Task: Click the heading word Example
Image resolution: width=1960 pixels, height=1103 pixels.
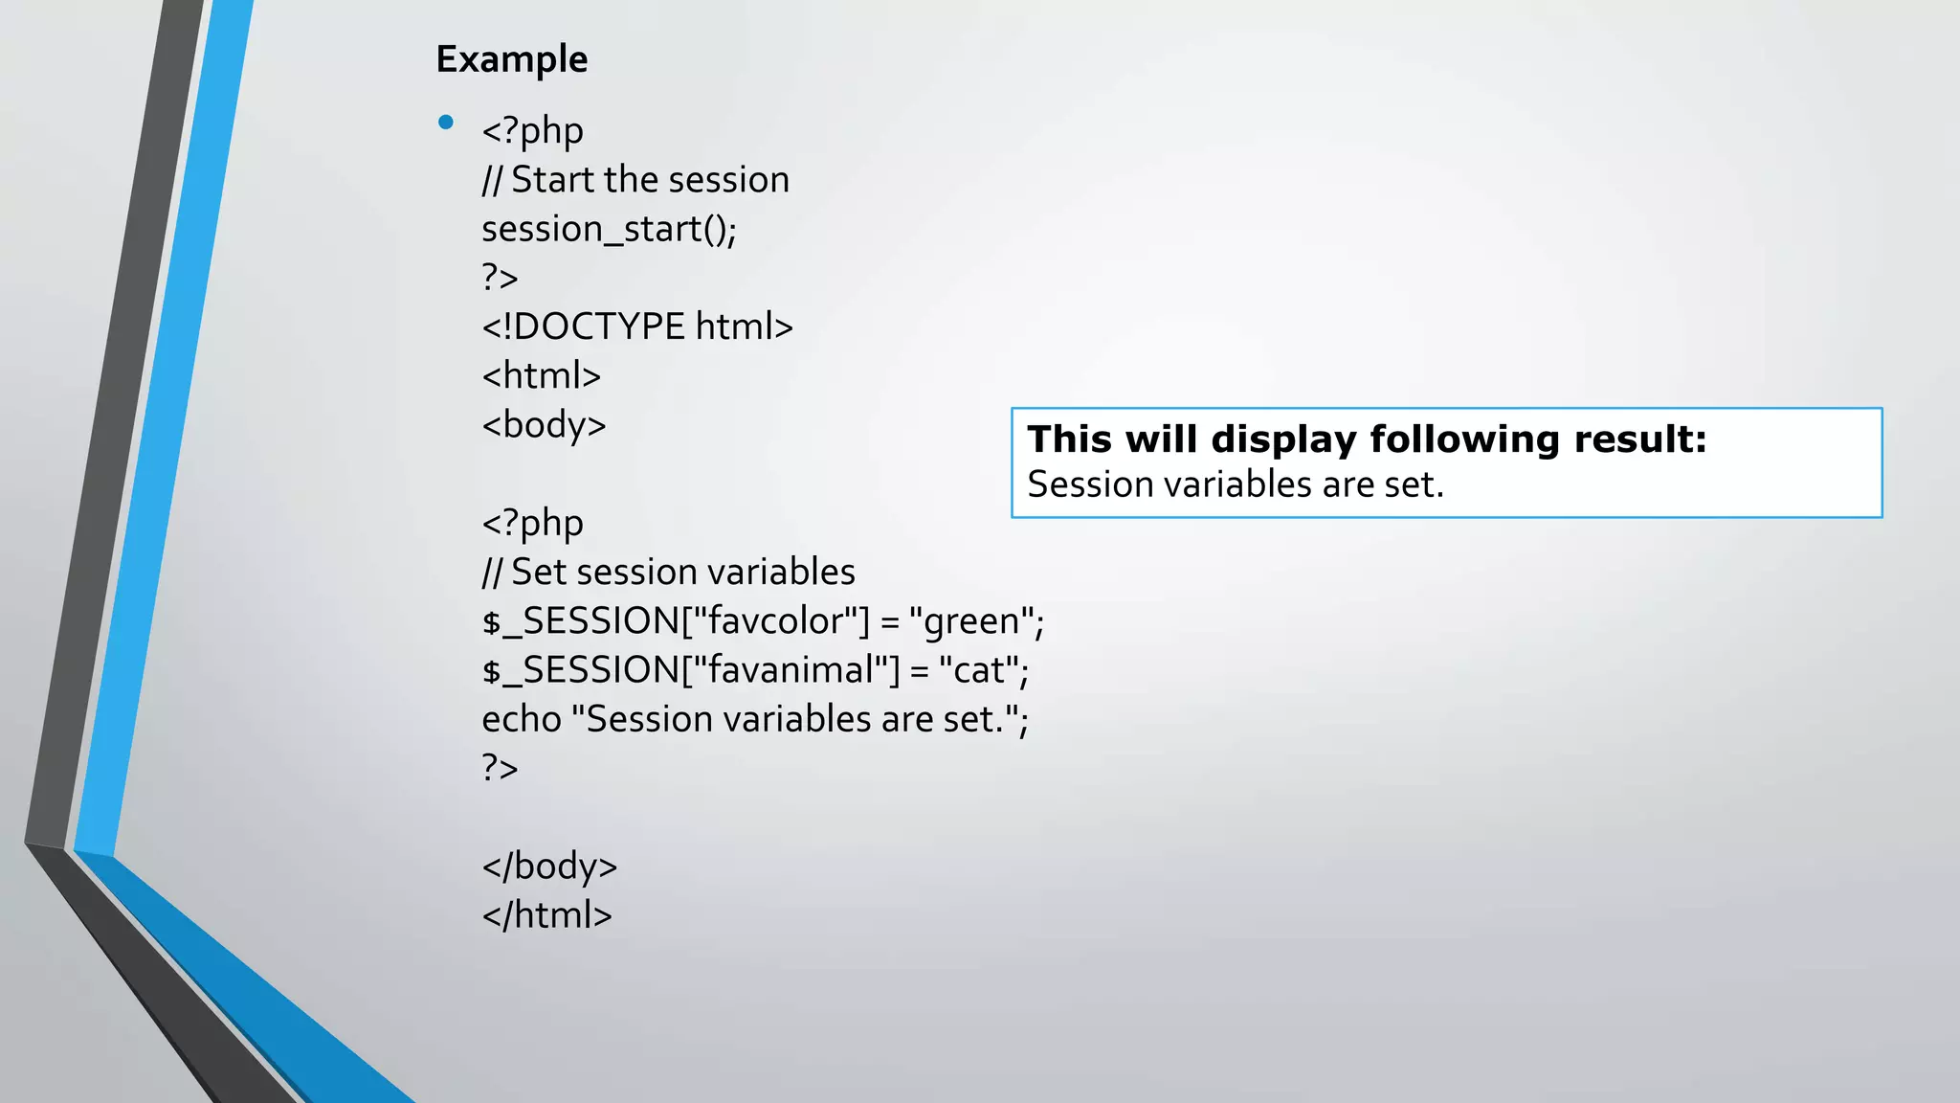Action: click(511, 59)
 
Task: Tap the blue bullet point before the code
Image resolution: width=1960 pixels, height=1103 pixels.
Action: click(445, 123)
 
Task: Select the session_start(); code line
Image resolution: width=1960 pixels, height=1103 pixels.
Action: click(609, 230)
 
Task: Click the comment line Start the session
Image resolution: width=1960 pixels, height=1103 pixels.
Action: click(635, 180)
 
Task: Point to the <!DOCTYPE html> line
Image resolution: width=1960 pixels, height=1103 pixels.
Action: click(637, 327)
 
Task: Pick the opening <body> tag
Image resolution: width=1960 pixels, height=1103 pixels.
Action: click(544, 425)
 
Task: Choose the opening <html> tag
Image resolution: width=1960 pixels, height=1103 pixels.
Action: click(541, 376)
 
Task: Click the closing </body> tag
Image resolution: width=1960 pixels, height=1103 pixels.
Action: click(549, 867)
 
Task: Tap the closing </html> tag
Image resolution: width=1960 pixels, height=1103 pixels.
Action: click(546, 915)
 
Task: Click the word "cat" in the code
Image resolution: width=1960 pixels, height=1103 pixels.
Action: click(978, 670)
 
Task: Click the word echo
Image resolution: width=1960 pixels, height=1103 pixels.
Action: click(521, 720)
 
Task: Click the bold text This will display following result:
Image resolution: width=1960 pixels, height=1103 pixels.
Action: click(1367, 439)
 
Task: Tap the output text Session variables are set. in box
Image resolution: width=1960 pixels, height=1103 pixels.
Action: click(1235, 484)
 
